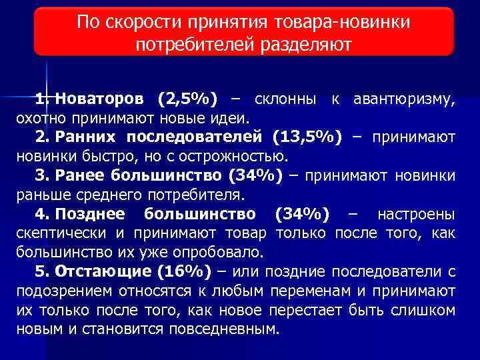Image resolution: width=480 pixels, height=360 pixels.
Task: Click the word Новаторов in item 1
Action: [99, 100]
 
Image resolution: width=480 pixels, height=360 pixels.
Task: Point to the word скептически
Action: [63, 234]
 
